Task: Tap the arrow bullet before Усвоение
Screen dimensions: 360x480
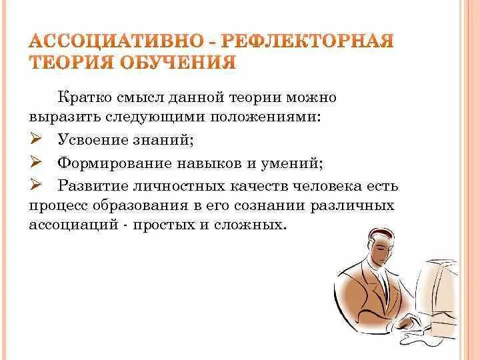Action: tap(37, 141)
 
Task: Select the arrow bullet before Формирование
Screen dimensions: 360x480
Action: tap(37, 163)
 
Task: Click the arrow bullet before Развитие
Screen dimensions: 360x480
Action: tap(37, 185)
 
